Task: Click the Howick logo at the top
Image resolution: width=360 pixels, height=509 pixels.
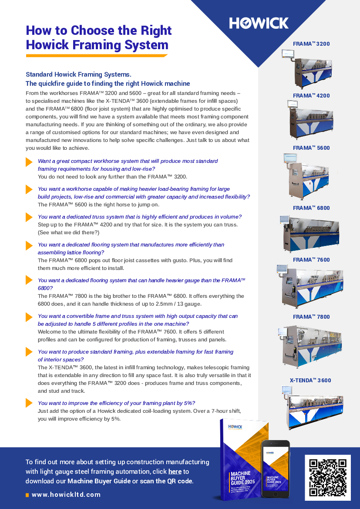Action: [x=259, y=23]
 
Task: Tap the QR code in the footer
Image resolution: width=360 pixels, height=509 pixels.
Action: [x=328, y=477]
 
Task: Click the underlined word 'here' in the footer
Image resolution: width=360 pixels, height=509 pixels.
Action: [x=175, y=472]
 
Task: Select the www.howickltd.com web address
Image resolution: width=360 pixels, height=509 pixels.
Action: [x=66, y=495]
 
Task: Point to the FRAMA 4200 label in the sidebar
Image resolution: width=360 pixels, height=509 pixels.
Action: [x=311, y=96]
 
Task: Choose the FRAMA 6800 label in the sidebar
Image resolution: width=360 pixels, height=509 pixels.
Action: [x=311, y=208]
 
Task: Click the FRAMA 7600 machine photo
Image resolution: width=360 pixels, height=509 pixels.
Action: [x=309, y=286]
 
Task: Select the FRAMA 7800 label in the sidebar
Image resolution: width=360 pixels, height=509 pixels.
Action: [x=311, y=317]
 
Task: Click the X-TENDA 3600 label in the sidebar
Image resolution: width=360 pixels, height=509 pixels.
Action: [x=310, y=381]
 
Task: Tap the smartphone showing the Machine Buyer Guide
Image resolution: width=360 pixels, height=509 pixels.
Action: [x=275, y=469]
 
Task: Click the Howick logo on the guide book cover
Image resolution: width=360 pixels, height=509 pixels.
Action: [x=235, y=427]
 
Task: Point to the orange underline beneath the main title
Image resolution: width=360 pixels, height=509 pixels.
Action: [x=97, y=56]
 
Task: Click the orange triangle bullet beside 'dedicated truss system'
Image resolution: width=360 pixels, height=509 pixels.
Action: [x=29, y=217]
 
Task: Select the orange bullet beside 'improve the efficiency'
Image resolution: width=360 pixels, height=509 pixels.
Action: [x=29, y=403]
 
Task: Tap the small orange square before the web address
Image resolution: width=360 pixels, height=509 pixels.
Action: [x=27, y=495]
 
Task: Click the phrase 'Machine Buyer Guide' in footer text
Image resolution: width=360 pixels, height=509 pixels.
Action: [x=99, y=481]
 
